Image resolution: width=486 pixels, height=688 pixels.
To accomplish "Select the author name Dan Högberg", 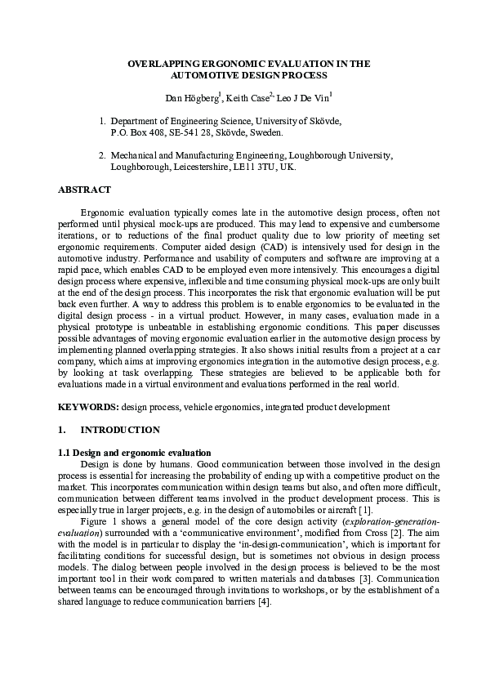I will click(191, 99).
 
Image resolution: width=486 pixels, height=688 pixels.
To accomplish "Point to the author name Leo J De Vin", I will click(299, 99).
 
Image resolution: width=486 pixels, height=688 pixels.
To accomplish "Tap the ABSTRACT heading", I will click(84, 190).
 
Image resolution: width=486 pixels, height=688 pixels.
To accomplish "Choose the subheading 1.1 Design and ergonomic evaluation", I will click(135, 452).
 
